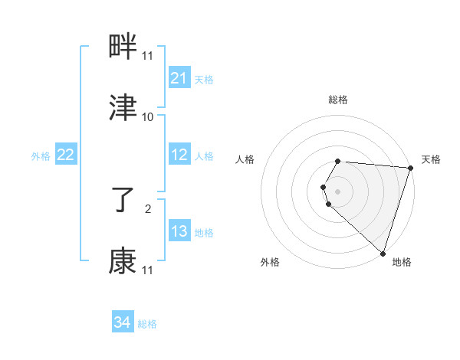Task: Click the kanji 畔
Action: pos(123,48)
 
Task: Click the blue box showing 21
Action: pos(179,78)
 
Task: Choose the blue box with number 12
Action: pos(179,155)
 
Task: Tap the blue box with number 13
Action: pos(179,231)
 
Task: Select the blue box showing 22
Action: pos(66,155)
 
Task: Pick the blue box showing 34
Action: pos(123,322)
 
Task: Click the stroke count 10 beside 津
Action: pos(148,117)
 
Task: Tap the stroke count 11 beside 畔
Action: pos(148,56)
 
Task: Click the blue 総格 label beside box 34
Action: pos(147,324)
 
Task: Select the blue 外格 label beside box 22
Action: pos(41,156)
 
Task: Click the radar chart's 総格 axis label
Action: pos(338,100)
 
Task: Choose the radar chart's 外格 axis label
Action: pos(270,262)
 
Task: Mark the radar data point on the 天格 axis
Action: pos(410,168)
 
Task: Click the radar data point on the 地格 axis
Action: pos(383,253)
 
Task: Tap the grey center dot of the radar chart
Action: pos(338,191)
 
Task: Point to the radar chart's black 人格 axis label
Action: pos(245,159)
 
